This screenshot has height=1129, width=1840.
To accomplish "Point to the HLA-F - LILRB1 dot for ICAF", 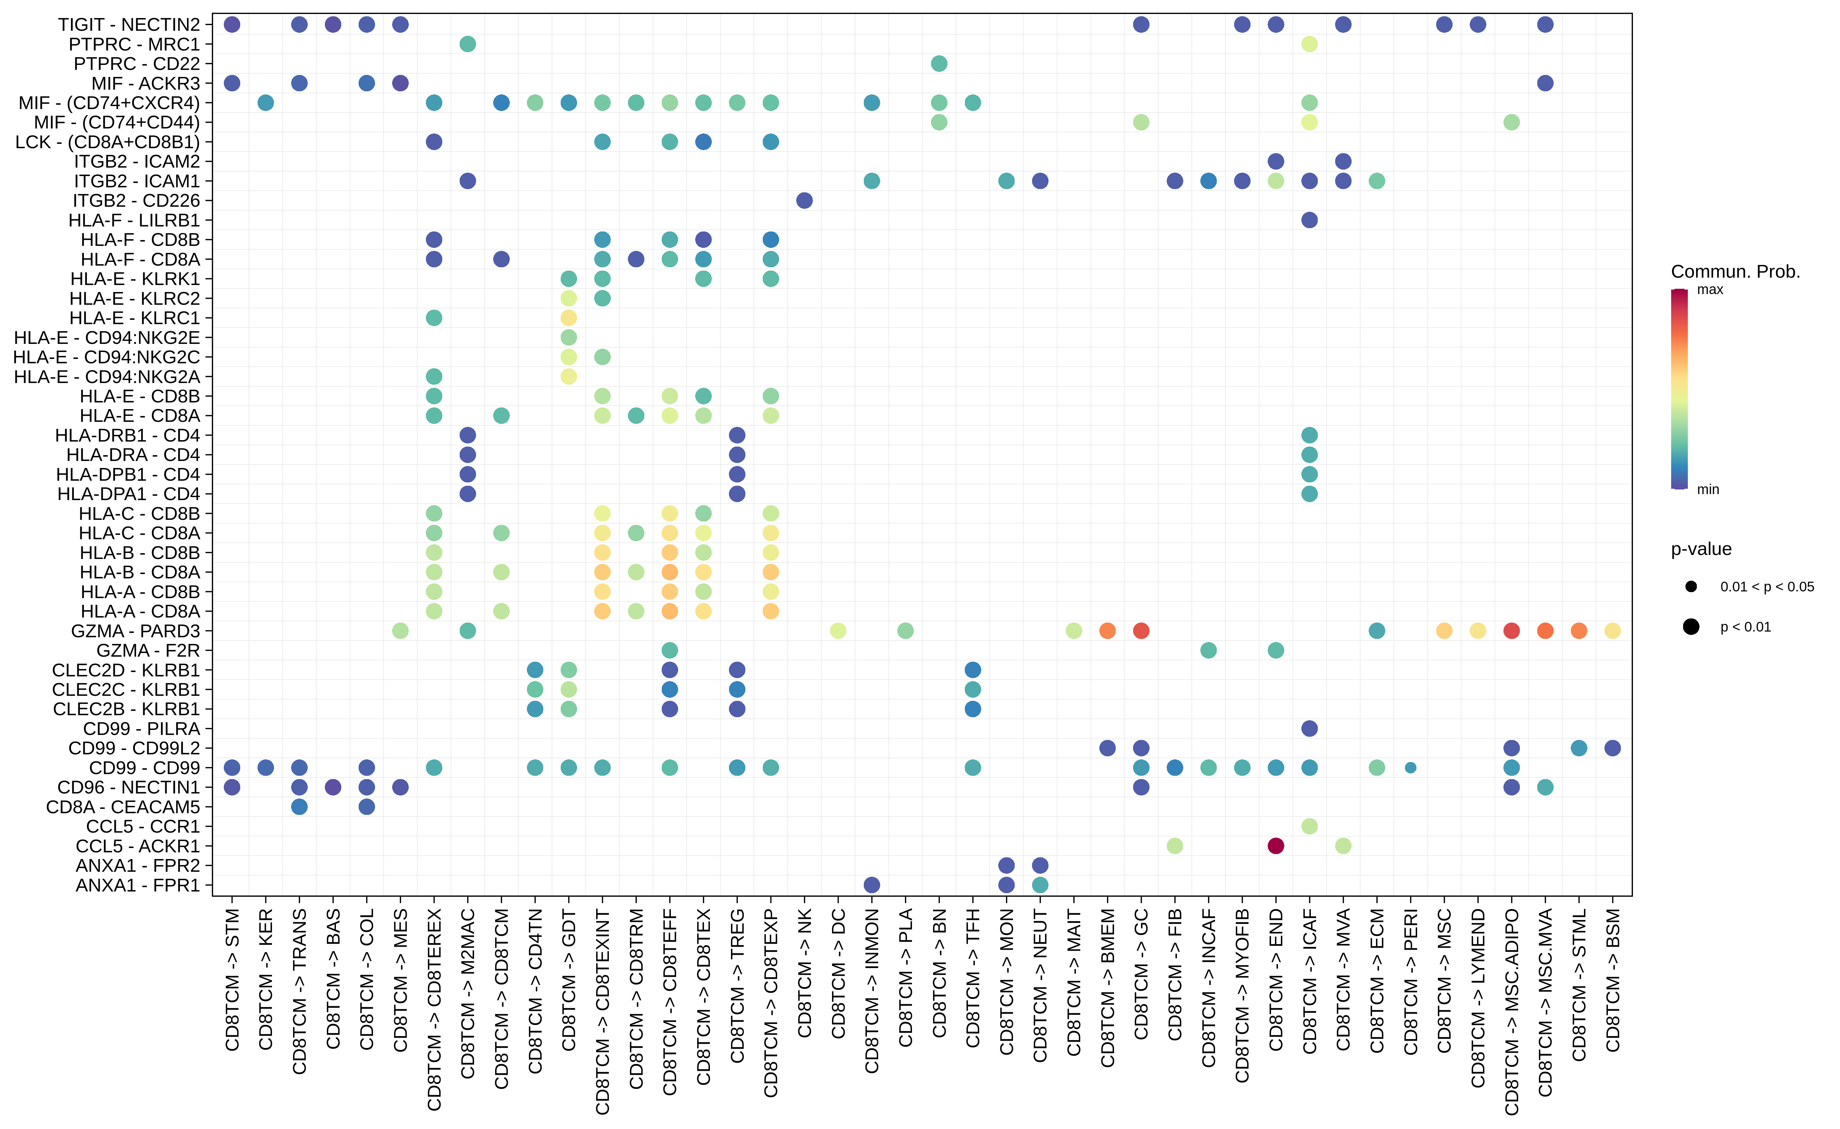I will (x=1309, y=219).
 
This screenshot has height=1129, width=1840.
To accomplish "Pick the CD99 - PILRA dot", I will (x=1309, y=728).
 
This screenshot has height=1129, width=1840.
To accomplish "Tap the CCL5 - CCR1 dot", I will (x=1309, y=826).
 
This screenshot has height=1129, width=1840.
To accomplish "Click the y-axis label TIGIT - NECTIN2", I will (x=129, y=25).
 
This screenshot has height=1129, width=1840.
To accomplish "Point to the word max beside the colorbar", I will (x=1710, y=290).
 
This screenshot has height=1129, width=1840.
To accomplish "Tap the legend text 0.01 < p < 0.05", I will (x=1767, y=587).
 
